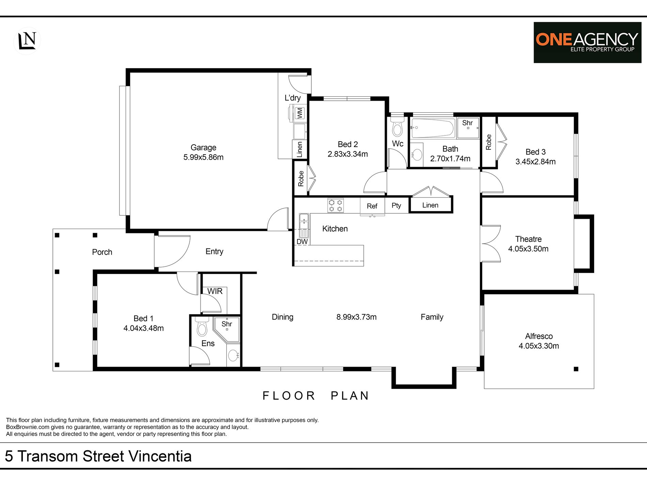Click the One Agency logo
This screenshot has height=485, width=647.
tap(587, 43)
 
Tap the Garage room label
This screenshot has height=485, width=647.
tap(203, 147)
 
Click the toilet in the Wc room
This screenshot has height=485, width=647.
tap(397, 127)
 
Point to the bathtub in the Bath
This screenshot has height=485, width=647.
tap(433, 128)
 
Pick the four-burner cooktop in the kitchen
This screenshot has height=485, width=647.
tap(335, 205)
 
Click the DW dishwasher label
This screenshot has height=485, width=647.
tap(302, 242)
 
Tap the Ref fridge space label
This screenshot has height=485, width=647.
tap(372, 206)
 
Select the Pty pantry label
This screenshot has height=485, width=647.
tap(396, 205)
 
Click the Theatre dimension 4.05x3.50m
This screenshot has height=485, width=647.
tap(528, 249)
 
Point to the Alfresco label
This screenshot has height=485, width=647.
tap(539, 336)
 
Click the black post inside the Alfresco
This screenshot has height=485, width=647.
tap(576, 369)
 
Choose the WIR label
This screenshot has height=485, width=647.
tap(215, 291)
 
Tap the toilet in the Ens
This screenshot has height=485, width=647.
tap(202, 327)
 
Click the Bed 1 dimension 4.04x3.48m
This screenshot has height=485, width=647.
tap(143, 328)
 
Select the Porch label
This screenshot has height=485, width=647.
tap(102, 252)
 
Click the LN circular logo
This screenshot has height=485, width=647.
tap(27, 41)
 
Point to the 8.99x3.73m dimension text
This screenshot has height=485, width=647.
tap(357, 317)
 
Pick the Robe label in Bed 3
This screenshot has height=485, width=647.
tap(489, 142)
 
